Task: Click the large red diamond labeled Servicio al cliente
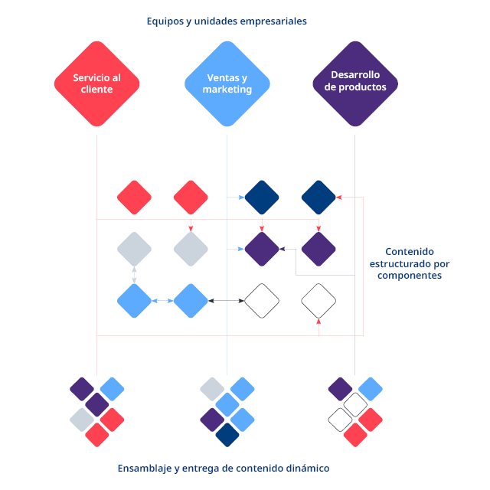[x=97, y=83]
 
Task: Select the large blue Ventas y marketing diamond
[x=227, y=83]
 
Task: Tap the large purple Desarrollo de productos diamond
[x=355, y=82]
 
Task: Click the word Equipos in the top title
[x=165, y=21]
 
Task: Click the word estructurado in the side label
[x=410, y=263]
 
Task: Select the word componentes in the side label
[x=410, y=276]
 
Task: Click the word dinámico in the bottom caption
[x=306, y=468]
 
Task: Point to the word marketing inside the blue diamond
[x=227, y=90]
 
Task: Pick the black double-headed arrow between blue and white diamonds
[x=226, y=301]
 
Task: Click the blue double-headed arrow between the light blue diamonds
[x=162, y=301]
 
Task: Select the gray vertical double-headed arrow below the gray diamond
[x=135, y=275]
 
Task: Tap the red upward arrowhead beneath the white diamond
[x=318, y=323]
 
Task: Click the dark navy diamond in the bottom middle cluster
[x=227, y=434]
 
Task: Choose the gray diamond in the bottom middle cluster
[x=212, y=389]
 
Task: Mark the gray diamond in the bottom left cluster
[x=82, y=419]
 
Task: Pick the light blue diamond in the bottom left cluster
[x=112, y=389]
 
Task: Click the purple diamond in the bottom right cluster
[x=341, y=389]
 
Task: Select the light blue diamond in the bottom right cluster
[x=371, y=389]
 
